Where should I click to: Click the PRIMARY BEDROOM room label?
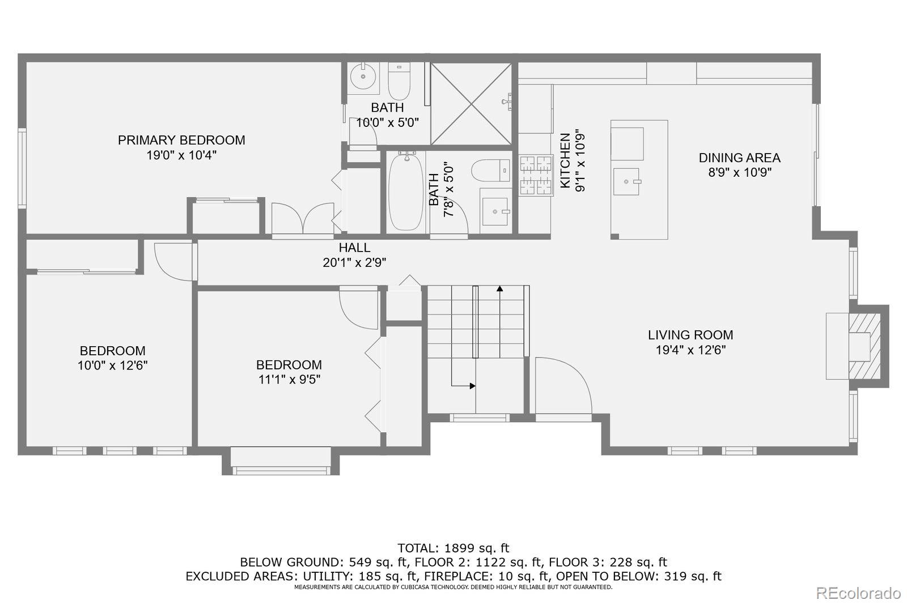pyautogui.click(x=181, y=140)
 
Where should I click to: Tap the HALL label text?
pyautogui.click(x=354, y=248)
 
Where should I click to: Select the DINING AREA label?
pyautogui.click(x=739, y=158)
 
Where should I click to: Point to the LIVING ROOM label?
pyautogui.click(x=690, y=335)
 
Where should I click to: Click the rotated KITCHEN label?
pyautogui.click(x=565, y=161)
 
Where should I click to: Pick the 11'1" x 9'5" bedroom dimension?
pyautogui.click(x=289, y=379)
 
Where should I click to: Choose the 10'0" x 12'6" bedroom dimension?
pyautogui.click(x=112, y=365)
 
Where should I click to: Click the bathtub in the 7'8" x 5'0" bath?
pyautogui.click(x=405, y=192)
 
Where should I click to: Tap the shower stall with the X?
pyautogui.click(x=471, y=104)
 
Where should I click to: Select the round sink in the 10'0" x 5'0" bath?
pyautogui.click(x=363, y=76)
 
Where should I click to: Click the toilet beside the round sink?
pyautogui.click(x=399, y=80)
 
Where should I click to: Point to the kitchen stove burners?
pyautogui.click(x=536, y=175)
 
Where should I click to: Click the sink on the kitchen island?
pyautogui.click(x=626, y=182)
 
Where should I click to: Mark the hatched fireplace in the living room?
pyautogui.click(x=864, y=346)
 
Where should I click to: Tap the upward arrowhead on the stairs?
pyautogui.click(x=499, y=288)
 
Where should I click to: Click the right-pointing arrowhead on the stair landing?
pyautogui.click(x=473, y=386)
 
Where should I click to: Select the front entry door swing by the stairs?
pyautogui.click(x=563, y=385)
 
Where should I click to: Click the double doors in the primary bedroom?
pyautogui.click(x=303, y=218)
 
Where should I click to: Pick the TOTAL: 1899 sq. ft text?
pyautogui.click(x=453, y=548)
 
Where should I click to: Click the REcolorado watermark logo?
pyautogui.click(x=858, y=593)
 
